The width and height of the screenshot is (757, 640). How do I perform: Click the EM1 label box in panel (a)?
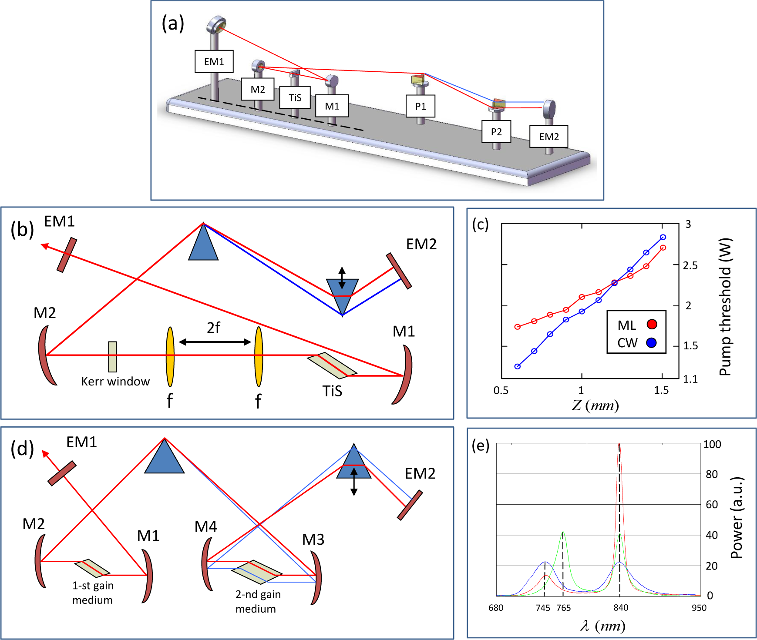tap(214, 61)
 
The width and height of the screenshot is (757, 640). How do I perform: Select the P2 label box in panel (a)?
tap(496, 131)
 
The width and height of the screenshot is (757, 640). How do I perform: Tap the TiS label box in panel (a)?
tap(295, 97)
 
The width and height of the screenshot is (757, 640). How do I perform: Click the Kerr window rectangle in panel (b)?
tap(112, 357)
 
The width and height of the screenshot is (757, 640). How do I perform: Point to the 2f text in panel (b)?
tap(213, 328)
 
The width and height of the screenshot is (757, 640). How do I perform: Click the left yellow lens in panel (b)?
tap(170, 357)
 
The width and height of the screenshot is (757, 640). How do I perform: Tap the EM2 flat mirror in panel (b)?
tap(399, 271)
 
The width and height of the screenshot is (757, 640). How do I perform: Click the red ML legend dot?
tap(652, 324)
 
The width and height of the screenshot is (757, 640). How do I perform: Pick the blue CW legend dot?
tap(651, 343)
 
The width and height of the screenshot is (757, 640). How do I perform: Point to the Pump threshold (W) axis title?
tap(725, 307)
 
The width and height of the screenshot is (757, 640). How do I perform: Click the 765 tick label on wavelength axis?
tap(563, 608)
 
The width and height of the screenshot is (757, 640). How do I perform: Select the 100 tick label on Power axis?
tap(712, 444)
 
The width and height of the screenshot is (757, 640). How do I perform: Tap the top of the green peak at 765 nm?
tap(563, 532)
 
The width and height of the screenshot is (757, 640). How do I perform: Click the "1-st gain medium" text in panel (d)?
tap(93, 593)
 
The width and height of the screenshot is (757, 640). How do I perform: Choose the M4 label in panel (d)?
tap(205, 526)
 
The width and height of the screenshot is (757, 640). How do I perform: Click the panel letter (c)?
tap(480, 224)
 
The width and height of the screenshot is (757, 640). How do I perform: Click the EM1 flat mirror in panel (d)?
tap(62, 473)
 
